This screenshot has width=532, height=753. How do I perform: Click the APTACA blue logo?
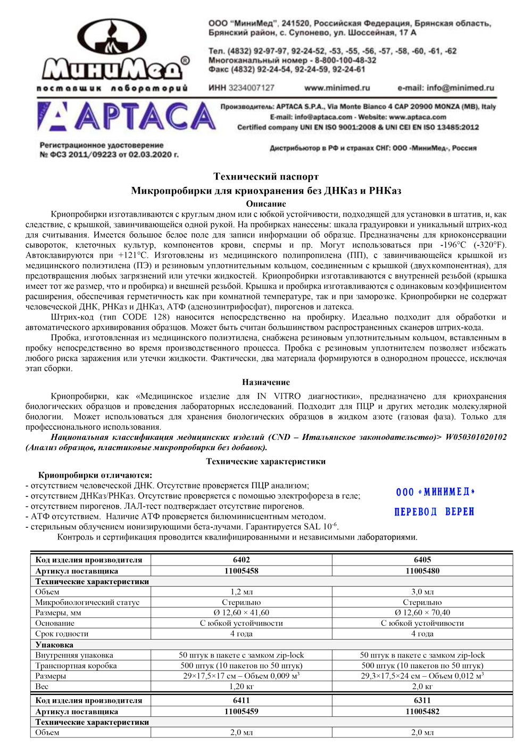coord(126,117)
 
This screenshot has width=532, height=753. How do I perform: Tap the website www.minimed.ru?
coord(337,88)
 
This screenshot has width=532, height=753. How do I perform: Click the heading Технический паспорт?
coord(266,176)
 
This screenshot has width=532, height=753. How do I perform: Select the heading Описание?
coord(266,204)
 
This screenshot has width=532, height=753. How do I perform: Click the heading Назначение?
coord(266,382)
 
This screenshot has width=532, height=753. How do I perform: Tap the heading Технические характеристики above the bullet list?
coord(266,462)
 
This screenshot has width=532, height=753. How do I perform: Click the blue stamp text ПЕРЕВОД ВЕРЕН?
coord(434,512)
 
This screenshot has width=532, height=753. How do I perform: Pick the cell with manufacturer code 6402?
coord(242,560)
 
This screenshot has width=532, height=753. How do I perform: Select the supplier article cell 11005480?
coord(422,571)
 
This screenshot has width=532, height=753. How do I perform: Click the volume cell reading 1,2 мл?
coord(242,592)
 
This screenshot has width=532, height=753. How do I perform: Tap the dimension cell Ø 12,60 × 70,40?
coord(422,612)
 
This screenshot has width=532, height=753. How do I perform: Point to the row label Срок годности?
coord(62,634)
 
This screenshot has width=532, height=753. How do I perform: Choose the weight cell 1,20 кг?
coord(242,686)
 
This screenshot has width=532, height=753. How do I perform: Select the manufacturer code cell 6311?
coord(422,700)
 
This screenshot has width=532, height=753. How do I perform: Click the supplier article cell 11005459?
coord(242,711)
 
